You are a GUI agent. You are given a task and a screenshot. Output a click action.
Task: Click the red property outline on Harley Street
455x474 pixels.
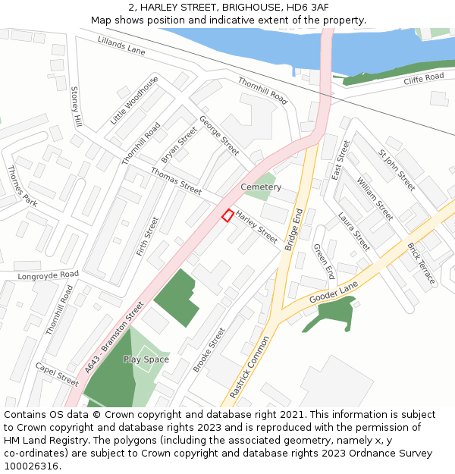227,215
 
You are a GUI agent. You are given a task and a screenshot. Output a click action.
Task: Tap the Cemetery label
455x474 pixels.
261,187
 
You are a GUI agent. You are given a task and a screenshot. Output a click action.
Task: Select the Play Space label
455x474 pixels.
146,359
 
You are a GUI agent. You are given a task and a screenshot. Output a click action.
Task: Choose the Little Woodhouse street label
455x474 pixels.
134,100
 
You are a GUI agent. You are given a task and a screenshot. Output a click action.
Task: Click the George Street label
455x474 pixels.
219,135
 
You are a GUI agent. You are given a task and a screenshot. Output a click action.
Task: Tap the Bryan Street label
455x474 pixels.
179,144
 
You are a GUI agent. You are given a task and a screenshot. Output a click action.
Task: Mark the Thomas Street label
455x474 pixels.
176,180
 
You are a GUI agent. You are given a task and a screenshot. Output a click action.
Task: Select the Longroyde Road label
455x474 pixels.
49,275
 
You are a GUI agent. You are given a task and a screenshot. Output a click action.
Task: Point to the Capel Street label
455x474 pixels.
57,374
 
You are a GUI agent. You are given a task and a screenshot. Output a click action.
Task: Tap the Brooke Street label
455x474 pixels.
209,349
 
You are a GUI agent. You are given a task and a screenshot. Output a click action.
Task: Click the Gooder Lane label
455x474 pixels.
333,292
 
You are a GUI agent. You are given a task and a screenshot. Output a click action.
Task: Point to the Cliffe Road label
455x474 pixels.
423,78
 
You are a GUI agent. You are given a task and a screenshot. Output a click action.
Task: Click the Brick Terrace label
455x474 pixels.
422,263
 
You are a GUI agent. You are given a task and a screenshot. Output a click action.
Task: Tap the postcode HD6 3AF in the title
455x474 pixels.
308,7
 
